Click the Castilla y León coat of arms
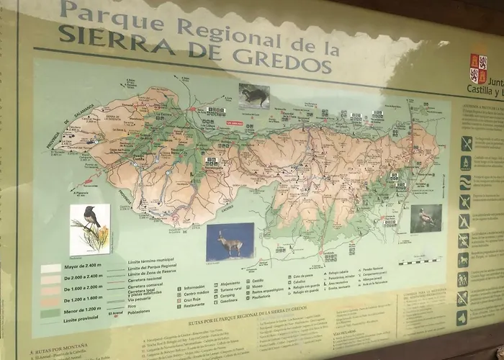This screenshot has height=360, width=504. click(478, 68)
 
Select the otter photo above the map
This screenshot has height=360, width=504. click(254, 95)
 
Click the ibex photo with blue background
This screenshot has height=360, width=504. click(230, 242)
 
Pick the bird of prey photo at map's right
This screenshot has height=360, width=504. click(426, 218)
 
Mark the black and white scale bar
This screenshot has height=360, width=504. click(420, 261)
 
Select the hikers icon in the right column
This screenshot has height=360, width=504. click(462, 279)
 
